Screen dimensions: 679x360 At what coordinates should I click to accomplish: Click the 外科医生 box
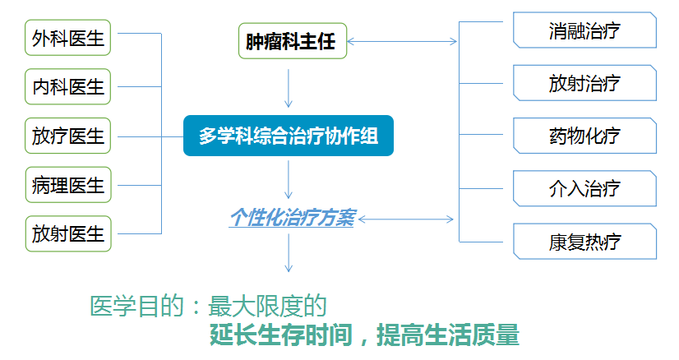[67, 38]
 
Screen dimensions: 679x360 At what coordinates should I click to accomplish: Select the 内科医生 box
[67, 86]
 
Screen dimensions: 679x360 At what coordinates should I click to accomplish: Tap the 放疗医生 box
[67, 136]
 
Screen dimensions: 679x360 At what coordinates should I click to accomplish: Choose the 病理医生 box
[68, 185]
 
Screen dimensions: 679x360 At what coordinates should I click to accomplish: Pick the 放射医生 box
[68, 234]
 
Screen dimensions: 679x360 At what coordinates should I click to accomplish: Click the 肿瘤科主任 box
[293, 41]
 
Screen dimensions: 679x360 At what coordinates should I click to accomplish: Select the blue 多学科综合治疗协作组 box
[289, 136]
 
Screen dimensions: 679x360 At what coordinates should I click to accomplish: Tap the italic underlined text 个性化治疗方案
[293, 218]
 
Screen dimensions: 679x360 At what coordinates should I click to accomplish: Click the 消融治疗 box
[584, 30]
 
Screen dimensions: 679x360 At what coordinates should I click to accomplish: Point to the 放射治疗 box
[584, 83]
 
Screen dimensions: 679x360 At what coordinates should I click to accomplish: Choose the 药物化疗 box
[584, 136]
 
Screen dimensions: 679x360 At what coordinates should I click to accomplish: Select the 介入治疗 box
[584, 189]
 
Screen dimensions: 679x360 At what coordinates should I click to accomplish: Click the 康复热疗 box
[584, 242]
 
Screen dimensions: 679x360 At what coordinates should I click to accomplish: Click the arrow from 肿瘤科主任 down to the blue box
[289, 89]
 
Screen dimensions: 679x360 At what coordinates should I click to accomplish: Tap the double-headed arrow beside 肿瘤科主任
[402, 42]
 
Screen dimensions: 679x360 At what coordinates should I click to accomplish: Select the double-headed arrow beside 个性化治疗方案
[406, 219]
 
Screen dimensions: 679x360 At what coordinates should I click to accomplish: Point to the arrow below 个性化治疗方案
[289, 253]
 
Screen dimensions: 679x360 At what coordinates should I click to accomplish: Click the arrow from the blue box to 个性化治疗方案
[289, 180]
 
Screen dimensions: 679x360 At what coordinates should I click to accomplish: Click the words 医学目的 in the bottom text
[136, 306]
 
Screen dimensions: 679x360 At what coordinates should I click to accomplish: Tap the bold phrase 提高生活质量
[448, 335]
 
